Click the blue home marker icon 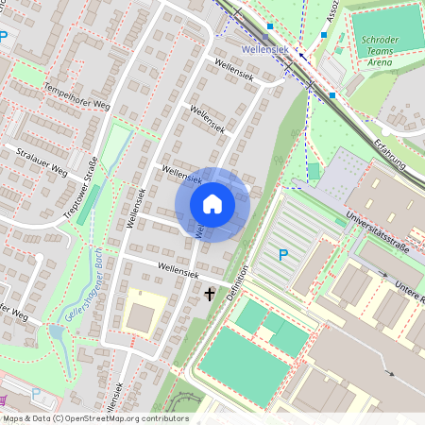(212, 204)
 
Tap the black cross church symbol (210, 295)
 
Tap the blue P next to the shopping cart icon (36, 395)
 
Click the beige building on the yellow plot (140, 316)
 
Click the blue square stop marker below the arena (332, 94)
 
